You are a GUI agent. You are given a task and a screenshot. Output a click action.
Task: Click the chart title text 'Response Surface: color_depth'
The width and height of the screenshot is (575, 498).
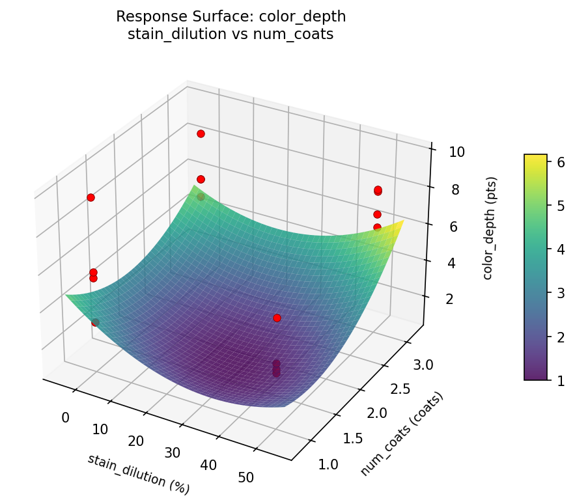click(231, 16)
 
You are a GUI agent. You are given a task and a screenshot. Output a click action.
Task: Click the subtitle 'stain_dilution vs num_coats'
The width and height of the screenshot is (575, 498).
click(231, 35)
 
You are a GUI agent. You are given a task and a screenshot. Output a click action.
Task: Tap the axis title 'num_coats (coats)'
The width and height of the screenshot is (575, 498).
click(402, 434)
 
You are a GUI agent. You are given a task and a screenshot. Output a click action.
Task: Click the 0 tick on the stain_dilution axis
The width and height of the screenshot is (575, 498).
click(65, 417)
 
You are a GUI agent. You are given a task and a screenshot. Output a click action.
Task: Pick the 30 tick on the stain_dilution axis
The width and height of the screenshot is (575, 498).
click(172, 453)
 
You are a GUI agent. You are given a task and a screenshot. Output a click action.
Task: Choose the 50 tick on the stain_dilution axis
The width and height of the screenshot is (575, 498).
click(246, 478)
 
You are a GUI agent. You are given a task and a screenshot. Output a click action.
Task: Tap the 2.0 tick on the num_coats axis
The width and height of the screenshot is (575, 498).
click(377, 413)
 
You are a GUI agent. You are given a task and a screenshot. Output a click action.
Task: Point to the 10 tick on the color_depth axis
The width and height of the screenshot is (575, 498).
click(456, 152)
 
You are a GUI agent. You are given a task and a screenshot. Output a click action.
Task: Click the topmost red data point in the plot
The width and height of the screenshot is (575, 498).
click(201, 133)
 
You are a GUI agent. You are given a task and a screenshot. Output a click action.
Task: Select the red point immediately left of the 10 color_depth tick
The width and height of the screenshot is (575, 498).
click(378, 190)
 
